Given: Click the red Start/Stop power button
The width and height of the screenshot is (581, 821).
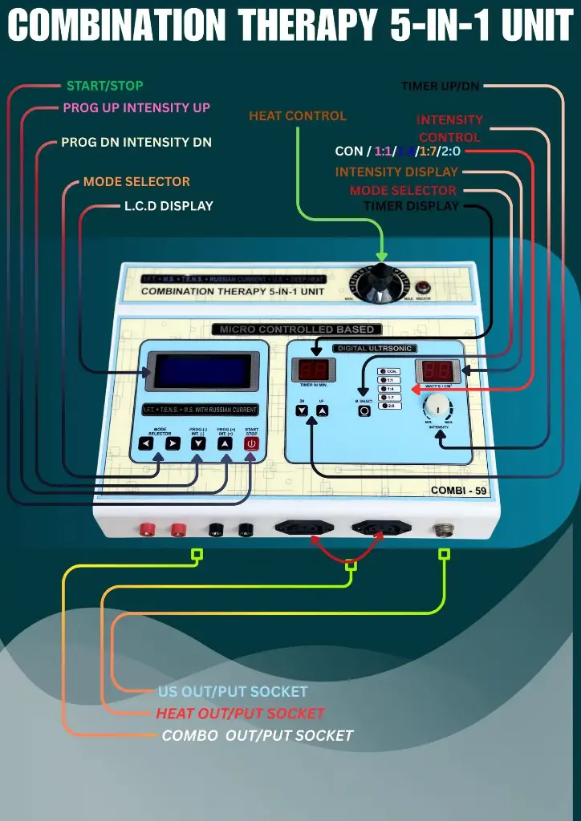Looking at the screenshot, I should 251,443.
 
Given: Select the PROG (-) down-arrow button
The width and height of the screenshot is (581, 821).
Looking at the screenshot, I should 197,443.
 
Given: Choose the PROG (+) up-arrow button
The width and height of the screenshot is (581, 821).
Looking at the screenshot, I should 225,443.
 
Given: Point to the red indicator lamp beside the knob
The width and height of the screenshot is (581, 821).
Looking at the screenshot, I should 423,287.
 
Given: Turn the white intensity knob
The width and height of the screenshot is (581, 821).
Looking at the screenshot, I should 438,403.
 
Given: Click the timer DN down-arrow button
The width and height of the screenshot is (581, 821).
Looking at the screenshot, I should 302,410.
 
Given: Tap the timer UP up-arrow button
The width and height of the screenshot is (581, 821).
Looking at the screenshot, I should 322,410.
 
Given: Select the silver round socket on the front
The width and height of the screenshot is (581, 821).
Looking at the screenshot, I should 441,529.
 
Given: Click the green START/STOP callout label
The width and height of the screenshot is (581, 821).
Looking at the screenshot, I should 105,86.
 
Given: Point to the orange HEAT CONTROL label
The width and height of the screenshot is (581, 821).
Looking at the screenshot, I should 298,115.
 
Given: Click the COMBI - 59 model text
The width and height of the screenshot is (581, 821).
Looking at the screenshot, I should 459,491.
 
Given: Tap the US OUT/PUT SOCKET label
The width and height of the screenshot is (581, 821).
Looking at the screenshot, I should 233,691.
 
